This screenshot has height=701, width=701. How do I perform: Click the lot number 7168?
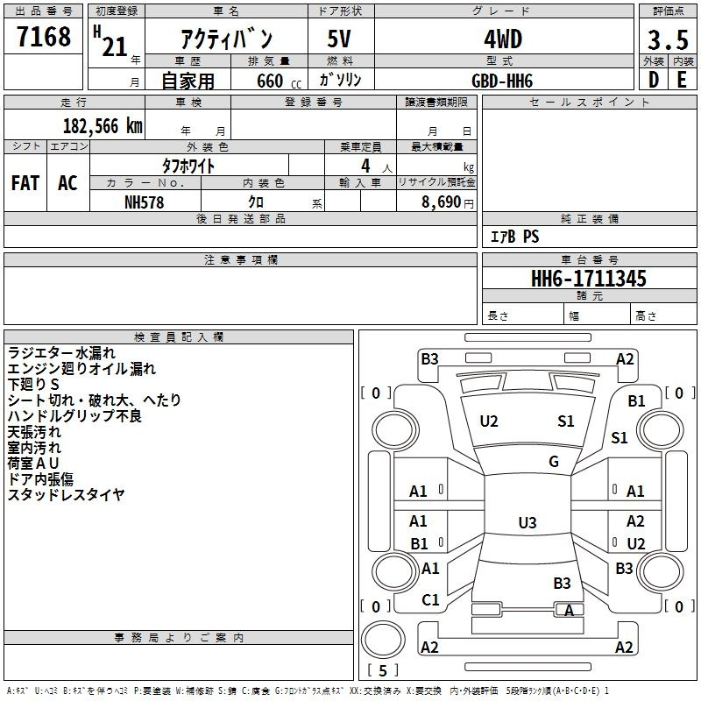44,37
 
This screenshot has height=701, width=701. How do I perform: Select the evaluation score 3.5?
668,39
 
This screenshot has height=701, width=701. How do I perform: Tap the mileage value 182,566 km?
103,126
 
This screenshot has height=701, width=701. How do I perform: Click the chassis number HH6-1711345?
588,279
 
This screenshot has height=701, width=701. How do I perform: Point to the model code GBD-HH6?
502,81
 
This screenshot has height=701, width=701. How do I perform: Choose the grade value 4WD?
503,39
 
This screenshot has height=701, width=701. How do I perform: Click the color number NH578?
144,202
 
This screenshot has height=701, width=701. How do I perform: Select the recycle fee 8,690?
442,202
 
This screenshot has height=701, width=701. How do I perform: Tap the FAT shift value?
25,183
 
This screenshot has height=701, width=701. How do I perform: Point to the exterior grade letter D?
654,80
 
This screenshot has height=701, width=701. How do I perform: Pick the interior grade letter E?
682,80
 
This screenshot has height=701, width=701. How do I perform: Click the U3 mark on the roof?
528,522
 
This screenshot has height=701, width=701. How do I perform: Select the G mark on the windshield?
554,462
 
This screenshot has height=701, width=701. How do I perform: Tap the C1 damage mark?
430,600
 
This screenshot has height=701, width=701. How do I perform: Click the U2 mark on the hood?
489,421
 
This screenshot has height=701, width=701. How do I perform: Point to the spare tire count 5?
383,670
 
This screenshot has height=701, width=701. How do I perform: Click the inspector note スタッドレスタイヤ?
67,495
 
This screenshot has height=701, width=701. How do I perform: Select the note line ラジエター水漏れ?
61,353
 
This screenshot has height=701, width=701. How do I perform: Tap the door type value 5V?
339,39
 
